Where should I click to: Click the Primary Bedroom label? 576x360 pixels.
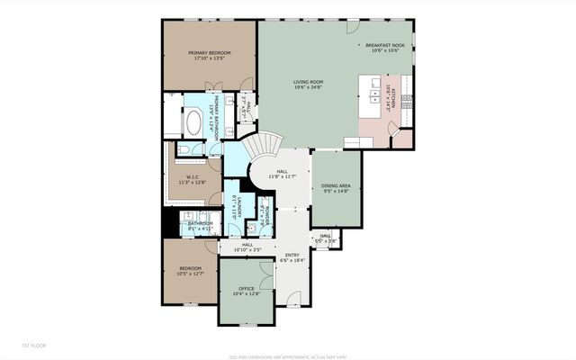[210, 53]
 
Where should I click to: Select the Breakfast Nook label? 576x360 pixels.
[385, 45]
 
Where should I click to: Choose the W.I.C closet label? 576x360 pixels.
[193, 177]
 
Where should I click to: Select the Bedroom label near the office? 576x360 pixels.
[190, 269]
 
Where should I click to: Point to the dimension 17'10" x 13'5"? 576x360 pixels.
[210, 59]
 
